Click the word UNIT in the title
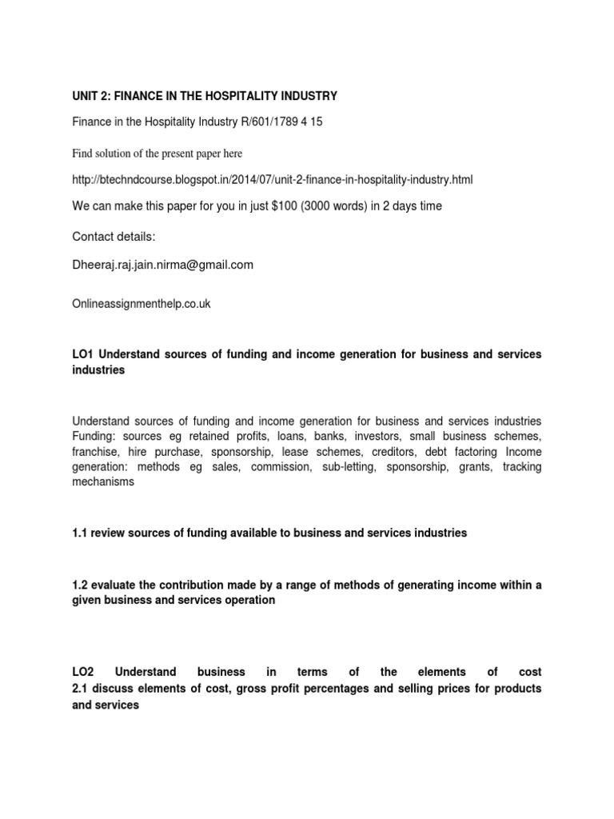(x=86, y=97)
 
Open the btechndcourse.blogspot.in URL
(x=278, y=180)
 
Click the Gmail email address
(x=162, y=265)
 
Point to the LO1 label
(x=82, y=354)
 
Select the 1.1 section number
(x=80, y=533)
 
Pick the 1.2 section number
(x=80, y=585)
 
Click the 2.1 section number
(x=80, y=689)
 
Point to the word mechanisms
(x=103, y=482)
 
